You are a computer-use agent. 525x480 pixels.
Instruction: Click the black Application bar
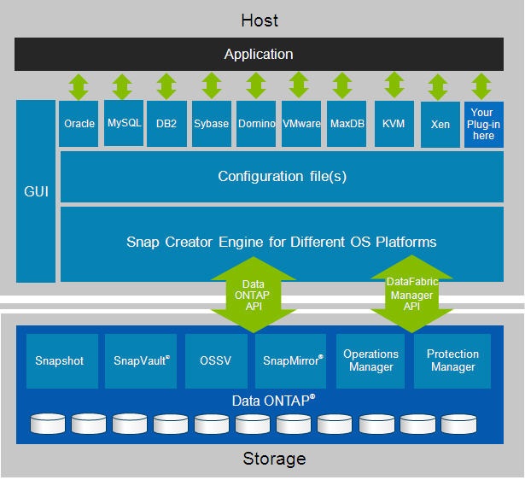pos(259,55)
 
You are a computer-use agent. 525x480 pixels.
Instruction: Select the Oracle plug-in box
pos(79,124)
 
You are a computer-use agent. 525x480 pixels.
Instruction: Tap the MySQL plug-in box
pos(124,123)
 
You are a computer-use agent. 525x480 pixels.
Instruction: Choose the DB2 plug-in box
pos(166,124)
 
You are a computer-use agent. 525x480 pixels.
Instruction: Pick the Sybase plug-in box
pos(211,124)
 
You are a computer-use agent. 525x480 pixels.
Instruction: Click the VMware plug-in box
pos(300,124)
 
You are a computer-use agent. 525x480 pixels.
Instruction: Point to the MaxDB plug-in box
pos(347,124)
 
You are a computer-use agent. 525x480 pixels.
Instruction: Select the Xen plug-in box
pos(440,124)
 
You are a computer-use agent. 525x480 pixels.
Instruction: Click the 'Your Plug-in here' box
pos(483,124)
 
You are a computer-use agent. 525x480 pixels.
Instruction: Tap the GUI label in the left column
pos(36,190)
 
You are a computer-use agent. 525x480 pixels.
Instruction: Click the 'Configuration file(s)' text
pos(282,177)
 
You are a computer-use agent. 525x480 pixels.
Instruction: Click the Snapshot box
pos(60,360)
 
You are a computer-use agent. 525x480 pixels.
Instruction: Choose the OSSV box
pos(216,360)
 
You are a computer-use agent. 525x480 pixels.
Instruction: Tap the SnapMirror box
pos(293,360)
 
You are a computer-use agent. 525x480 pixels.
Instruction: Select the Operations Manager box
pos(370,360)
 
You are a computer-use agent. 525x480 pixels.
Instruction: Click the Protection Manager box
pos(452,360)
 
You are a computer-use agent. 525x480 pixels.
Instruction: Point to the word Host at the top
pos(260,20)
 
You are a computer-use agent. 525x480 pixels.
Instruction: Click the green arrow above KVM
pos(394,86)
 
